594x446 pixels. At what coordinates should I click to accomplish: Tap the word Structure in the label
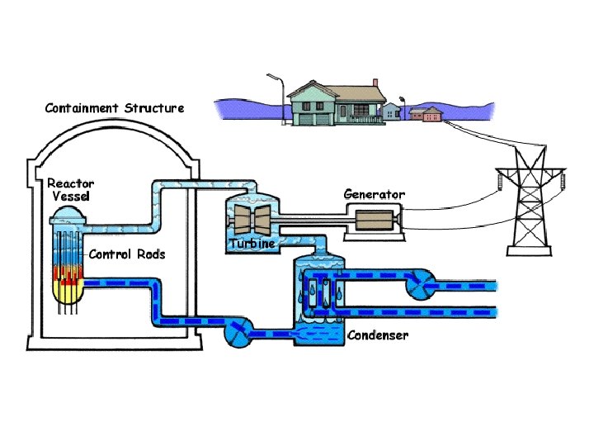click(154, 107)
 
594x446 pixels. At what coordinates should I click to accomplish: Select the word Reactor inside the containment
click(71, 183)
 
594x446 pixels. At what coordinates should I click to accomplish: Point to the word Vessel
click(71, 196)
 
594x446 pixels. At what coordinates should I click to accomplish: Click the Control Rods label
click(127, 254)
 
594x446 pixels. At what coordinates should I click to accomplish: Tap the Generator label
click(374, 194)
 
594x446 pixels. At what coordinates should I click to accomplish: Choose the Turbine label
click(252, 244)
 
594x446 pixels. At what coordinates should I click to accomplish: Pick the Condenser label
click(377, 335)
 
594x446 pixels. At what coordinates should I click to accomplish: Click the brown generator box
click(375, 221)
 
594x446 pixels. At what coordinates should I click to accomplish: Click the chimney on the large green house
click(375, 84)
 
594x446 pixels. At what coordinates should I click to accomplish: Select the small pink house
click(427, 114)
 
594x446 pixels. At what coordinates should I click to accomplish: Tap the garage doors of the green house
click(304, 120)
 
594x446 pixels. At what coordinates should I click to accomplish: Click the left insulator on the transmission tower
click(500, 180)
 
